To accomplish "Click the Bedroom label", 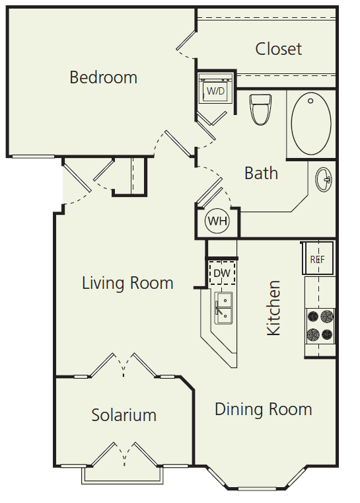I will coord(104,77).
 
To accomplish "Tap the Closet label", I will coord(279,49).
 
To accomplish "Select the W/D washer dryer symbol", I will coord(215,91).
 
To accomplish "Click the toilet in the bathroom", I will coord(260,109).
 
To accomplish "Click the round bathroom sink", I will coord(324,179).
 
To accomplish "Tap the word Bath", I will coord(261,173).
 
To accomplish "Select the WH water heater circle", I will coord(217,221).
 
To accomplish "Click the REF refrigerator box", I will coord(318,259).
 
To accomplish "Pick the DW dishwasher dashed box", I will coord(222,272).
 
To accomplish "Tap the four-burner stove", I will coord(320,325).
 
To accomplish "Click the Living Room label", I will coord(127,284).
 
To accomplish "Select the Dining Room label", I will coord(263,409).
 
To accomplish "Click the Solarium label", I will coord(124,415).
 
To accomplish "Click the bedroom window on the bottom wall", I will coord(33,157).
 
